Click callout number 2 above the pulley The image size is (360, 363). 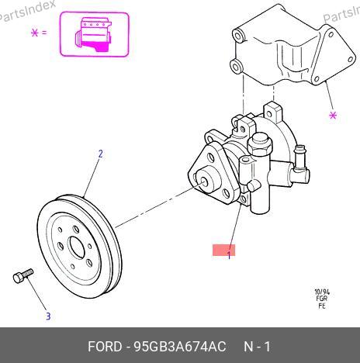coord(101,154)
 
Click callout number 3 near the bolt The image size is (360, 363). coord(48,316)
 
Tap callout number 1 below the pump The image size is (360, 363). coord(229,255)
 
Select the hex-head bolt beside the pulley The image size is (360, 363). coord(22,275)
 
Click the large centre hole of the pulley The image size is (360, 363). coord(77,247)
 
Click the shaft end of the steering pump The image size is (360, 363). coord(204,182)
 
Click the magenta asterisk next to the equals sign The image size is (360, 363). coord(34,33)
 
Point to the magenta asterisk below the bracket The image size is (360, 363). coord(333,115)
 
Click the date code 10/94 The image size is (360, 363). coord(322,292)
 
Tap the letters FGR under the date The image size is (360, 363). coord(322,299)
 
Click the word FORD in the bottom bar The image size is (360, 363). coord(105,347)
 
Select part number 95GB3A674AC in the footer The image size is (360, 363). coord(180,347)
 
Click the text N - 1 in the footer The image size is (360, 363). coord(257,347)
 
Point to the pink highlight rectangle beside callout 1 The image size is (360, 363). coord(224,250)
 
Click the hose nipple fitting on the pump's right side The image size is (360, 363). coord(300,159)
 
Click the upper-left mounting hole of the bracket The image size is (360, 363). coord(237,36)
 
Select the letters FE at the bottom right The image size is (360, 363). coord(322,306)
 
